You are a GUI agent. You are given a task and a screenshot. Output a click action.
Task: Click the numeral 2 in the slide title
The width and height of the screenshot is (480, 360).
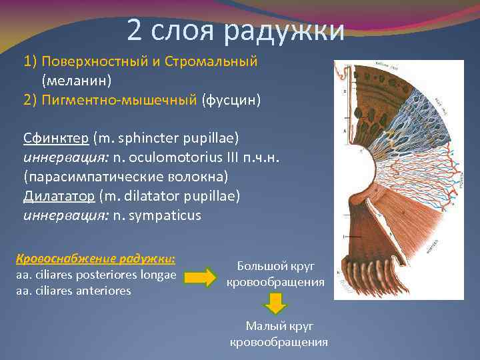pos(134,30)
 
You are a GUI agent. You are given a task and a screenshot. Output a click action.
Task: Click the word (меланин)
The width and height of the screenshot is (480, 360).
pos(77,81)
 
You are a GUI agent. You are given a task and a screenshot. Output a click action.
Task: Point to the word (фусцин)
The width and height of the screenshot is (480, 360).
pos(232,101)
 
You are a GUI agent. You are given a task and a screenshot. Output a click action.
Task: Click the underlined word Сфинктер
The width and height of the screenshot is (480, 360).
pos(56,139)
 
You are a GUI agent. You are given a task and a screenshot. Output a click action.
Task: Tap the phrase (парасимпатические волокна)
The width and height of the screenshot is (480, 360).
pos(126,177)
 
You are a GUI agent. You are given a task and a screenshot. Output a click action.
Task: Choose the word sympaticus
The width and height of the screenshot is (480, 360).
pos(167,216)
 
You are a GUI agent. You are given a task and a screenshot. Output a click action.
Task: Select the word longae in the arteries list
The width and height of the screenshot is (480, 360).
pos(157,275)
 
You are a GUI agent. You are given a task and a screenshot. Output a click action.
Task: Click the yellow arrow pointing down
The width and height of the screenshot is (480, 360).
pos(275,304)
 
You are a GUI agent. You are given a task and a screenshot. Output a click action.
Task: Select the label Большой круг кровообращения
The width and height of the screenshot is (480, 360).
pos(275,274)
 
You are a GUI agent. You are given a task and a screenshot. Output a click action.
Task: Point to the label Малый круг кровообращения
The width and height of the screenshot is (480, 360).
pos(279,333)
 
